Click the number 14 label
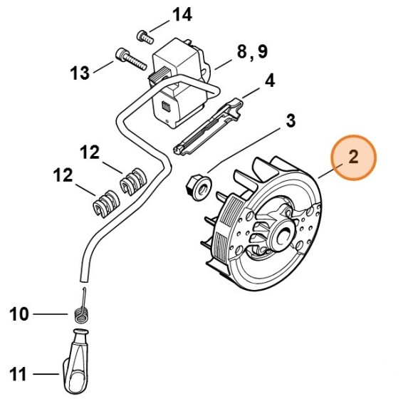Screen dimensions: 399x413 click(x=182, y=14)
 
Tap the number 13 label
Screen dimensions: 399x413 click(x=80, y=72)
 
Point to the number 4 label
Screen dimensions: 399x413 click(x=270, y=81)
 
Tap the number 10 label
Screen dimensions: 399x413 click(x=20, y=313)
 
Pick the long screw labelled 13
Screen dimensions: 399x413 click(x=127, y=58)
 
